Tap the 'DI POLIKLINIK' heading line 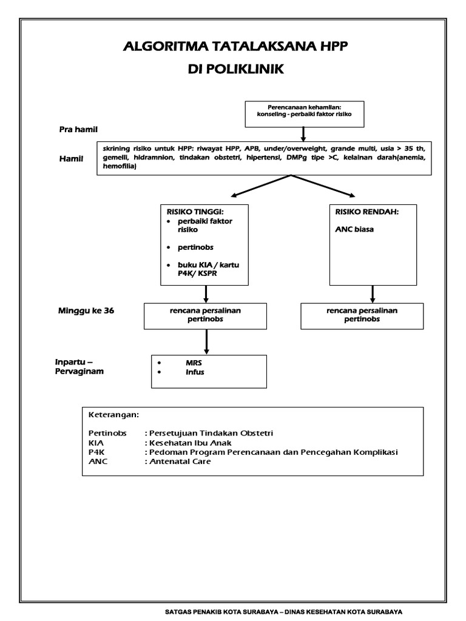[236, 70]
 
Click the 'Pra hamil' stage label [78, 129]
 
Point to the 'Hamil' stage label [71, 159]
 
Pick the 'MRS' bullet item [193, 363]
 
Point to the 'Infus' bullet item [195, 372]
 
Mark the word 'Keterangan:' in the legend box [113, 415]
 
